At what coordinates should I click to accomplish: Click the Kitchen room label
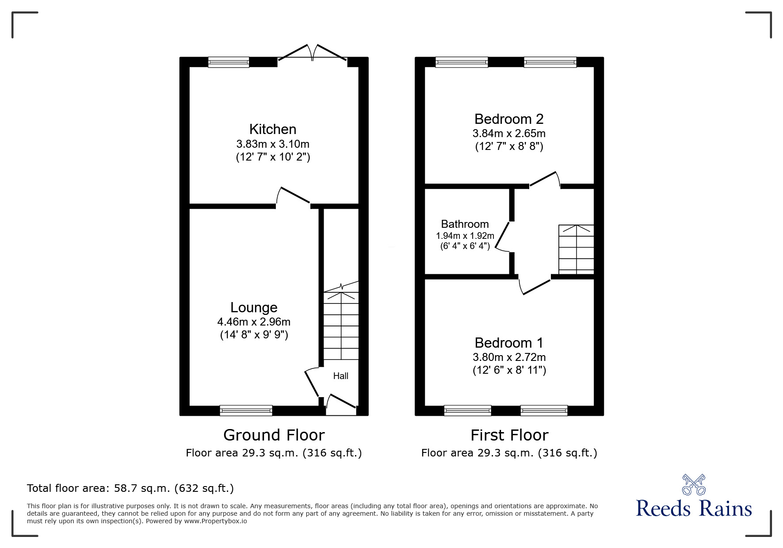coord(273,129)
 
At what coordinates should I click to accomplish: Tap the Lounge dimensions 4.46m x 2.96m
coord(254,322)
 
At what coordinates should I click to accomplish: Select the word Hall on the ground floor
coord(340,376)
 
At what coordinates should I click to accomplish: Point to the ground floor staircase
coord(341,325)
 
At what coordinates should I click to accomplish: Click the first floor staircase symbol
coord(576,249)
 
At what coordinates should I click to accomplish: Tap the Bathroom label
coord(465,224)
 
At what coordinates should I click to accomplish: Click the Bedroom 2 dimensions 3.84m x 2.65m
coord(509,134)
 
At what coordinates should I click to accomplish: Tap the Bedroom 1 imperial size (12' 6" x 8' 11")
coord(509,370)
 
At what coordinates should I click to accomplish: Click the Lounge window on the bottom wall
coord(246,410)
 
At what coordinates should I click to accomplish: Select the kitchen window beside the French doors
coord(229,62)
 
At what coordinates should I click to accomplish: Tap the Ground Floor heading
coord(274,435)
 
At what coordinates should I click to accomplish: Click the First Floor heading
coord(509,435)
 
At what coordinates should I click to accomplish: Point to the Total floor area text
coord(130,488)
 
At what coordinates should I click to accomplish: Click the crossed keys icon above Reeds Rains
coord(694,485)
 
